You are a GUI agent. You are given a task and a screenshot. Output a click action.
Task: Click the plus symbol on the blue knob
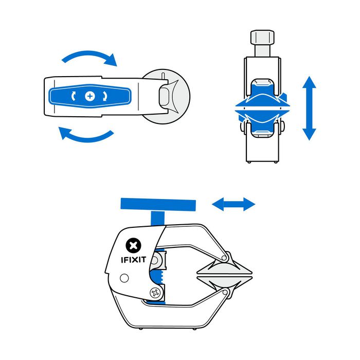[x=91, y=96]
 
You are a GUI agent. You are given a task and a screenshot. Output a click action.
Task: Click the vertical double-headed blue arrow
[x=309, y=108]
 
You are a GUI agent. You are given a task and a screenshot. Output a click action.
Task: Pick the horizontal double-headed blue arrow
[x=233, y=205]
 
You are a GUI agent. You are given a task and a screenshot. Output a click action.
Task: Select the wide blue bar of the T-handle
[x=158, y=205]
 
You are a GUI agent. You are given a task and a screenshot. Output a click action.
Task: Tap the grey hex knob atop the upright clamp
[x=262, y=38]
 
